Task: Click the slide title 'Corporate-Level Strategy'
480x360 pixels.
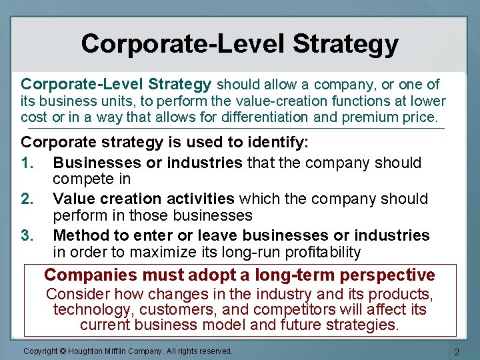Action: pyautogui.click(x=240, y=44)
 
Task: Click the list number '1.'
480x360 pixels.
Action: pyautogui.click(x=28, y=163)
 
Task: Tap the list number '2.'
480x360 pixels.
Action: pyautogui.click(x=28, y=199)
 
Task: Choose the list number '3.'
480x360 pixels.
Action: pyautogui.click(x=28, y=235)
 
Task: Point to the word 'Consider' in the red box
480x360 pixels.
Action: pyautogui.click(x=76, y=294)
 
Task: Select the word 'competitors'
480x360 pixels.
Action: pyautogui.click(x=301, y=309)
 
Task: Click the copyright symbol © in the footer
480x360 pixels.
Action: pyautogui.click(x=65, y=351)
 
